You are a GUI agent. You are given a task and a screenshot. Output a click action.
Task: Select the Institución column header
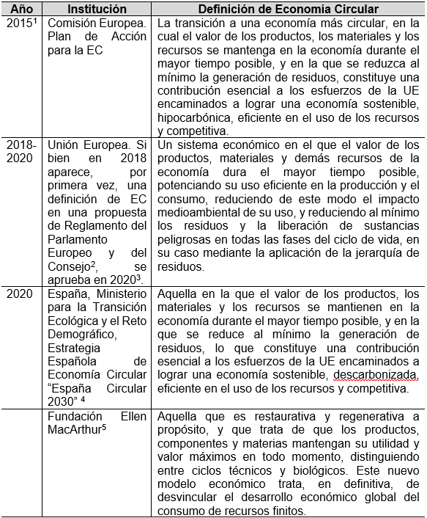pyautogui.click(x=97, y=9)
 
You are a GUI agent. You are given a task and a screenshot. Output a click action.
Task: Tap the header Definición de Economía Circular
pyautogui.click(x=288, y=9)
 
